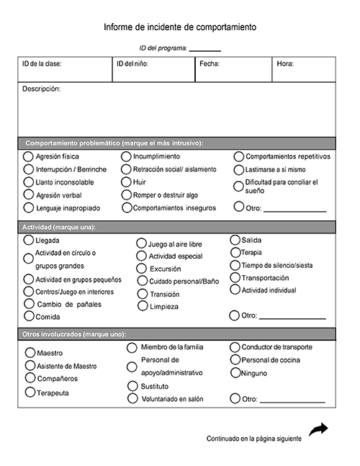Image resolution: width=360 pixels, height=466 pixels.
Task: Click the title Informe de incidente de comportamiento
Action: (x=180, y=27)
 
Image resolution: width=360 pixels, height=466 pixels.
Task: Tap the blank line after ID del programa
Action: (x=205, y=50)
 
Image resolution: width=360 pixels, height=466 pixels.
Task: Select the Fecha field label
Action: (x=210, y=64)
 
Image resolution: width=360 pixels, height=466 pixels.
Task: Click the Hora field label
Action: (x=285, y=64)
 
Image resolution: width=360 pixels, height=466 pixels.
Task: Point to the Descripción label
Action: (x=41, y=89)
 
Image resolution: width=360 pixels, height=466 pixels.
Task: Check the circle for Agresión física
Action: (x=28, y=156)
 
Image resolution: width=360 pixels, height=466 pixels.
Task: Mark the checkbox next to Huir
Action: (x=126, y=182)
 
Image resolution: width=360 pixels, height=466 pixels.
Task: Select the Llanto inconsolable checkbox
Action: (x=28, y=182)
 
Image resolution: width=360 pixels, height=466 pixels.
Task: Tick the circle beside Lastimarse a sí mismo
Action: (x=239, y=170)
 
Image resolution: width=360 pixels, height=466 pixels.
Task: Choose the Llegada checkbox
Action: (x=28, y=240)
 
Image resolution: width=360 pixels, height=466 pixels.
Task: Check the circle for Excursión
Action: (x=142, y=268)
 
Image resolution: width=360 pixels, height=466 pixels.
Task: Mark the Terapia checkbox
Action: (x=235, y=252)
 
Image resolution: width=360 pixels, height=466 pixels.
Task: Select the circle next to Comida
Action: (x=28, y=316)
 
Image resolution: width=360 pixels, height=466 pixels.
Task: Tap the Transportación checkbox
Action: (x=235, y=277)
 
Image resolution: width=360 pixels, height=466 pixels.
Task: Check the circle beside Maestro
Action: (x=30, y=353)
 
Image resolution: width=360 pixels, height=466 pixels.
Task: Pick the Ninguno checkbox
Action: (x=235, y=373)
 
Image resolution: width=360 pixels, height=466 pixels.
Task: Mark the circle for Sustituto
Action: (x=132, y=386)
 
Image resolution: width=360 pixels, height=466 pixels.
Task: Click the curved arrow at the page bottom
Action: (x=318, y=429)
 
